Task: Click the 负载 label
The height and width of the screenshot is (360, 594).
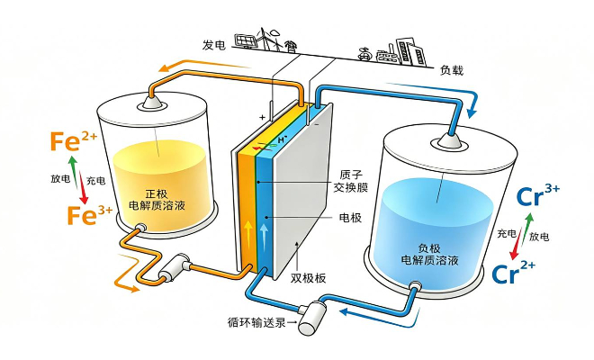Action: click(x=452, y=69)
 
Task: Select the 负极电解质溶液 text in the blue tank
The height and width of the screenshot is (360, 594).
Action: click(x=430, y=253)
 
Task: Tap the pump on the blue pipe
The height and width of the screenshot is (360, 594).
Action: click(x=314, y=313)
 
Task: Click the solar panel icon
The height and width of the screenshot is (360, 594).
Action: click(x=244, y=40)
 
